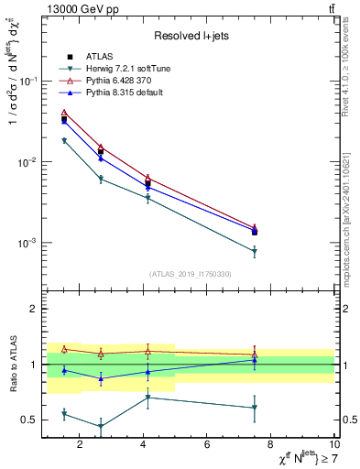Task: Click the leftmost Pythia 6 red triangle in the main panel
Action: (64, 113)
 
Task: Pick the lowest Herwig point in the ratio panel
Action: (101, 426)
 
